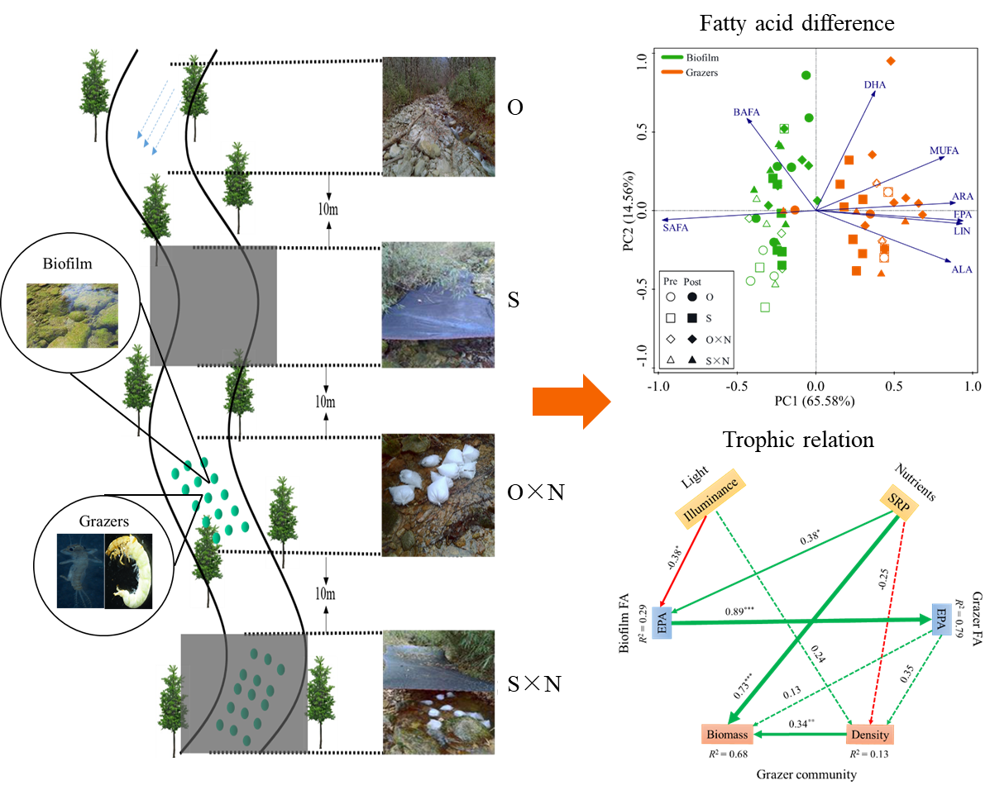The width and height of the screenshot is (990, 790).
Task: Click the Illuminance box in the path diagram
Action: [711, 499]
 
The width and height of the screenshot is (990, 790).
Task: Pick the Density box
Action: [870, 735]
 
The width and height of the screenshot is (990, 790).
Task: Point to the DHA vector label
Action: [874, 85]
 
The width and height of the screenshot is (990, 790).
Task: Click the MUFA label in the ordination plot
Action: [944, 151]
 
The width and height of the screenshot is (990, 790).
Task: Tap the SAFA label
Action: [675, 227]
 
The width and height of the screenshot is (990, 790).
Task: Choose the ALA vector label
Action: [962, 270]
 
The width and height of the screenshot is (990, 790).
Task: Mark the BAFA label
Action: [746, 112]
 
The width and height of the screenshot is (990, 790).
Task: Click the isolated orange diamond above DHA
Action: [891, 60]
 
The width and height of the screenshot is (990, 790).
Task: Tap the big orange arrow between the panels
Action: [571, 402]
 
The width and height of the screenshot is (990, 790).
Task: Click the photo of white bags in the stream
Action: [438, 494]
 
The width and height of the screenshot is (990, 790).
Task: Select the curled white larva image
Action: [129, 571]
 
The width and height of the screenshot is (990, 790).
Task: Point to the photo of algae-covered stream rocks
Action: [72, 316]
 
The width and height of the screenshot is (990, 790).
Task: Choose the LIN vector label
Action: [962, 231]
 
